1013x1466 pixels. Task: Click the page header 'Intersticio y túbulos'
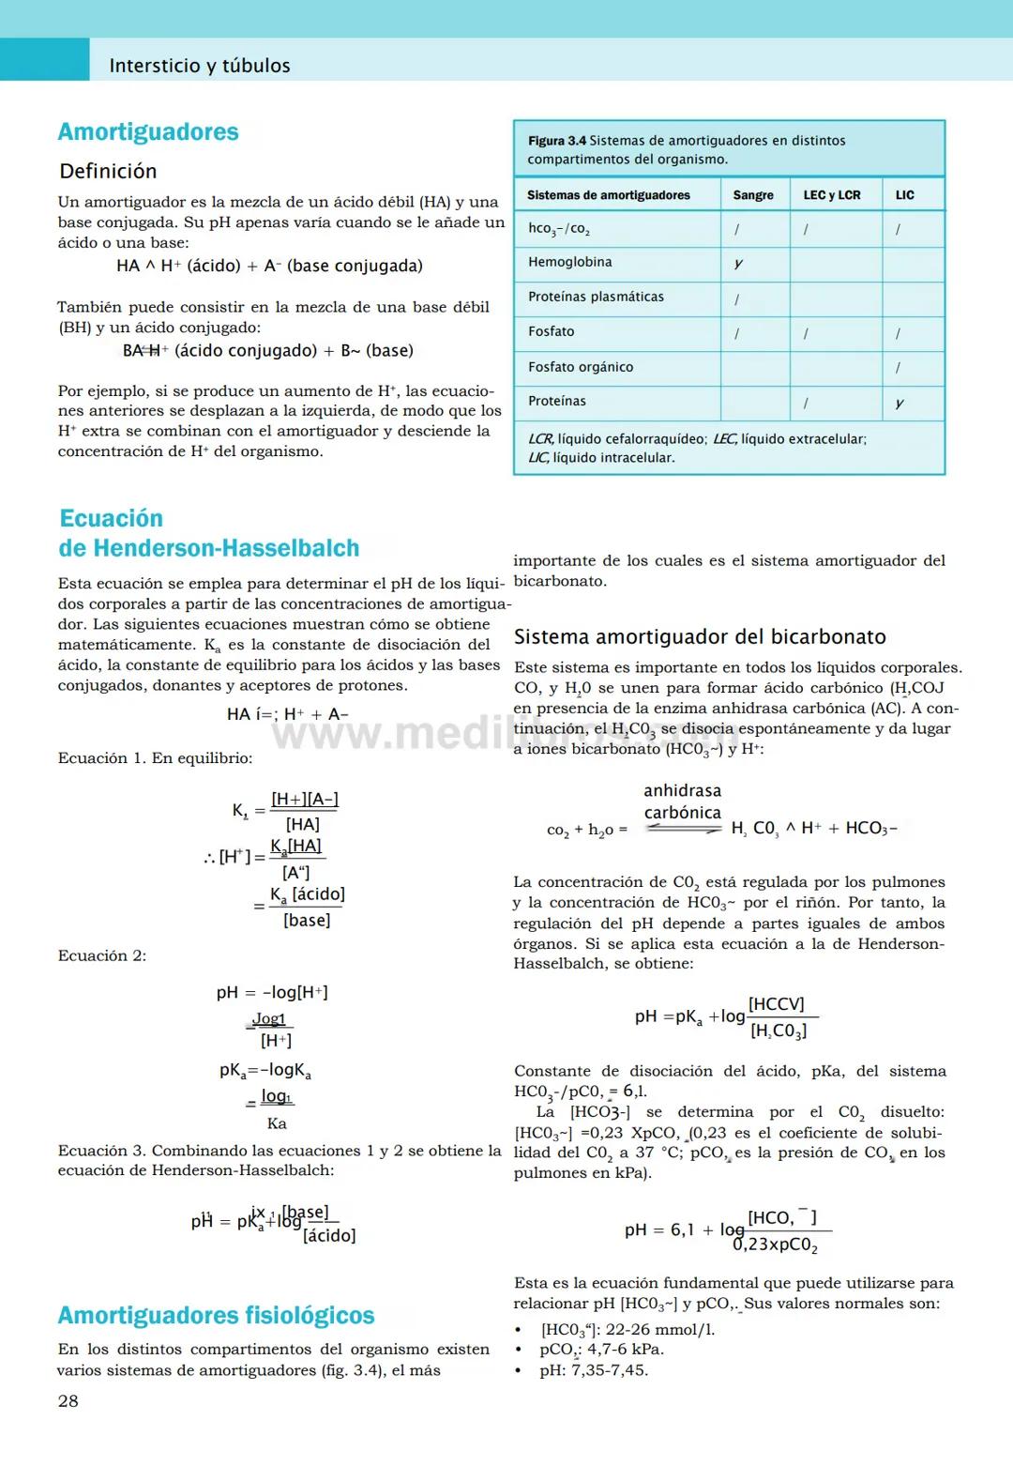tap(199, 66)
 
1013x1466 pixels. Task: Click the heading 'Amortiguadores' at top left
tap(148, 132)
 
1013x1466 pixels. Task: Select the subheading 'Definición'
tap(108, 172)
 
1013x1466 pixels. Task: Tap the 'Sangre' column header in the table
tap(752, 195)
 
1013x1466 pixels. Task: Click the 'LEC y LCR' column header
tap(831, 195)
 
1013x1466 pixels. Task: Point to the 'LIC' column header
tap(904, 195)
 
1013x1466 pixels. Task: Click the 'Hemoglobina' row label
tap(569, 263)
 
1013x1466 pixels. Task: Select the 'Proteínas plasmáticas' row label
tap(596, 298)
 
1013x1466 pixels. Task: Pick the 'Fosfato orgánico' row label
tap(580, 367)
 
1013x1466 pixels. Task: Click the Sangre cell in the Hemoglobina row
tap(739, 264)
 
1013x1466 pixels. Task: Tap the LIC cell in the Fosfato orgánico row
tap(899, 368)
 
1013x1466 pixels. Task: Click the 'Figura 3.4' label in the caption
tap(556, 141)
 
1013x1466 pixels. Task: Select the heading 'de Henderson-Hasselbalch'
tap(208, 548)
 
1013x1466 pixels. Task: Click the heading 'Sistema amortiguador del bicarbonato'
tap(700, 637)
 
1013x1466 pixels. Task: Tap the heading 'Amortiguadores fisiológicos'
tap(216, 1316)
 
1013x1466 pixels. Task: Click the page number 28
tap(68, 1401)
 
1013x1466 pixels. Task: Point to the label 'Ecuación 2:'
tap(102, 955)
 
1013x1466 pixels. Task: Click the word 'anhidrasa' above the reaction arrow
tap(682, 791)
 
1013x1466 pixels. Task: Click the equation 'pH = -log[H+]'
tap(272, 993)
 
